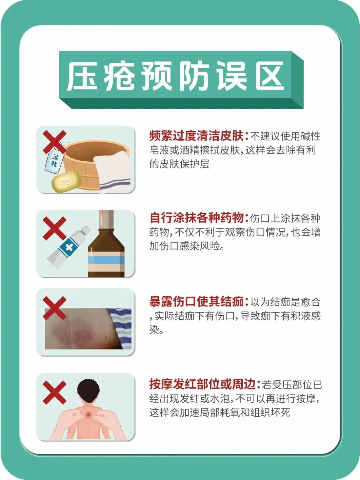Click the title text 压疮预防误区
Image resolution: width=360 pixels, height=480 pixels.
coord(175,76)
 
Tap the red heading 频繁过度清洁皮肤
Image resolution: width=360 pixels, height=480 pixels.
coord(196,136)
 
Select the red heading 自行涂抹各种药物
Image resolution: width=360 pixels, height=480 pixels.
coord(196,218)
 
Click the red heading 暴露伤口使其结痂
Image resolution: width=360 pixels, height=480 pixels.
coord(196,302)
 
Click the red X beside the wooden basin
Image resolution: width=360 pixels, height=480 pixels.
coord(54,142)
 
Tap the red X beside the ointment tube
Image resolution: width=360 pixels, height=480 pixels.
coord(54,228)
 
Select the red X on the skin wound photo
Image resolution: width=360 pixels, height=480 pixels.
coord(54,308)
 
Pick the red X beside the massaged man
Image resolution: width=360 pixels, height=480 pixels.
coord(54,393)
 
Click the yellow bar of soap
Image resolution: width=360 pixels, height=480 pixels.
coord(66,181)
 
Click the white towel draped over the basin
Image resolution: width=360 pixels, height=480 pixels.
coord(113,172)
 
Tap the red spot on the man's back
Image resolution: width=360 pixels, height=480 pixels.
coord(88,414)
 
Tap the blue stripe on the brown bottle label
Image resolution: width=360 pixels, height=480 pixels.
coord(106,260)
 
